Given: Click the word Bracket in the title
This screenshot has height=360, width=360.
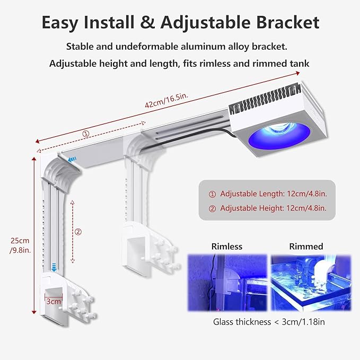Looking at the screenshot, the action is pyautogui.click(x=287, y=22).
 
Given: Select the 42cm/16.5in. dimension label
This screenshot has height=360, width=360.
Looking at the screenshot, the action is pyautogui.click(x=166, y=100).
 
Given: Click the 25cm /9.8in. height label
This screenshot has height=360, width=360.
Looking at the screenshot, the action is pyautogui.click(x=20, y=245).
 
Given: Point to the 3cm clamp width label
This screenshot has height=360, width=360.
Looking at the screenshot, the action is pyautogui.click(x=54, y=301).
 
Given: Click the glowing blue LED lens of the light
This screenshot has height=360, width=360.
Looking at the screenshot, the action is pyautogui.click(x=279, y=136).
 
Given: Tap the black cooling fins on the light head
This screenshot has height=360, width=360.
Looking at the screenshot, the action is pyautogui.click(x=265, y=99).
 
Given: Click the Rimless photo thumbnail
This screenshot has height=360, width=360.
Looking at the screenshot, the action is pyautogui.click(x=227, y=283).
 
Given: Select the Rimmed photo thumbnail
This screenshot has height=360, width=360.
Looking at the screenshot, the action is pyautogui.click(x=311, y=283).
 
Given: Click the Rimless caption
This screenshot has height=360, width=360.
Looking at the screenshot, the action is pyautogui.click(x=227, y=247).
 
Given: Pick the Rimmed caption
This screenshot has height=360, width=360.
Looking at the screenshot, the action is pyautogui.click(x=306, y=247).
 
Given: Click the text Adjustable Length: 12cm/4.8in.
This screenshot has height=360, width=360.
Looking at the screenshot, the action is pyautogui.click(x=274, y=194).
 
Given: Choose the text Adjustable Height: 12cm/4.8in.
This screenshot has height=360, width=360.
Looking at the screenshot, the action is pyautogui.click(x=273, y=208).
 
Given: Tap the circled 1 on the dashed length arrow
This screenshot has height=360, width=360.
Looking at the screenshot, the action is pyautogui.click(x=86, y=134).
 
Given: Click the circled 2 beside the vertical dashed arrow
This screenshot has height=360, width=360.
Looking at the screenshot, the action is pyautogui.click(x=78, y=232).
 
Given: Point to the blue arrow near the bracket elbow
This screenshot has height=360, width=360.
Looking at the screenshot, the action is pyautogui.click(x=72, y=159).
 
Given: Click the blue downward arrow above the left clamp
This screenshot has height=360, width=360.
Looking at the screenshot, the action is pyautogui.click(x=54, y=267).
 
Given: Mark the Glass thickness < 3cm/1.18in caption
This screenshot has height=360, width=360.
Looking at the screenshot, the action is pyautogui.click(x=269, y=322).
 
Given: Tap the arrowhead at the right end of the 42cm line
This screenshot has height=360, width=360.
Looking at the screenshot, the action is pyautogui.click(x=298, y=73).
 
